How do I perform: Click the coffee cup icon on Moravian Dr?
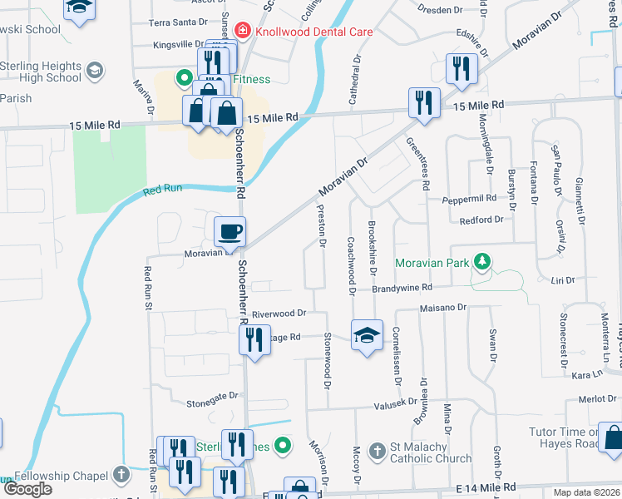pos(230,231)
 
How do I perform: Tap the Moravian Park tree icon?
pos(481,263)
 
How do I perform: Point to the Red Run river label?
pos(161,190)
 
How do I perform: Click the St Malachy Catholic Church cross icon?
pos(378,450)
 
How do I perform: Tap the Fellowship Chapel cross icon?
pos(121,476)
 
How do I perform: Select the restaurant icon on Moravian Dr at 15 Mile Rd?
pos(424,102)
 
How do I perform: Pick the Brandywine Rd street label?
pos(402,287)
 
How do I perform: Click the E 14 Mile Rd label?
pos(486,487)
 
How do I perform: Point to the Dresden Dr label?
pos(442,10)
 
